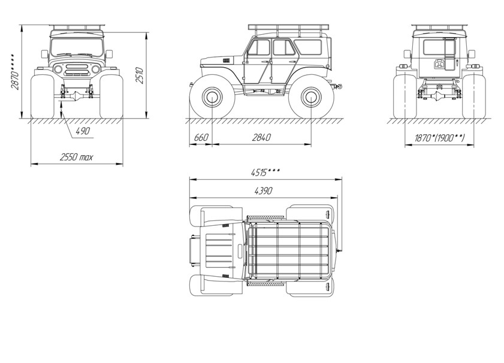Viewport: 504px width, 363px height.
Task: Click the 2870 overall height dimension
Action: [x=14, y=71]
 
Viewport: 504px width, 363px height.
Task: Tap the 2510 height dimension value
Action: [x=139, y=75]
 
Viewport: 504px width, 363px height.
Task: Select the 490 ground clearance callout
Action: [x=83, y=131]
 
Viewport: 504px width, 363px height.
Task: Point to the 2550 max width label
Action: [x=77, y=157]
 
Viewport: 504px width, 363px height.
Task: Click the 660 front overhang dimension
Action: [x=201, y=138]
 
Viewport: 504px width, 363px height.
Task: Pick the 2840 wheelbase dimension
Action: [x=261, y=138]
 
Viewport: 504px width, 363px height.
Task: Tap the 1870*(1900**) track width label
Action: [x=439, y=138]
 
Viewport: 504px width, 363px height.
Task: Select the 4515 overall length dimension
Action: [x=265, y=173]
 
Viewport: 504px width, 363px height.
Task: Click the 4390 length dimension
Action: [x=263, y=191]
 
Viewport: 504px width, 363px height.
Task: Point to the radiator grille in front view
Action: [x=77, y=69]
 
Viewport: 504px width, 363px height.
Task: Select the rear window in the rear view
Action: [x=434, y=47]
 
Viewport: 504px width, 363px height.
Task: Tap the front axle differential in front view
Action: [x=77, y=96]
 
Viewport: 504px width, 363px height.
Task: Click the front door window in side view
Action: [x=259, y=47]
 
